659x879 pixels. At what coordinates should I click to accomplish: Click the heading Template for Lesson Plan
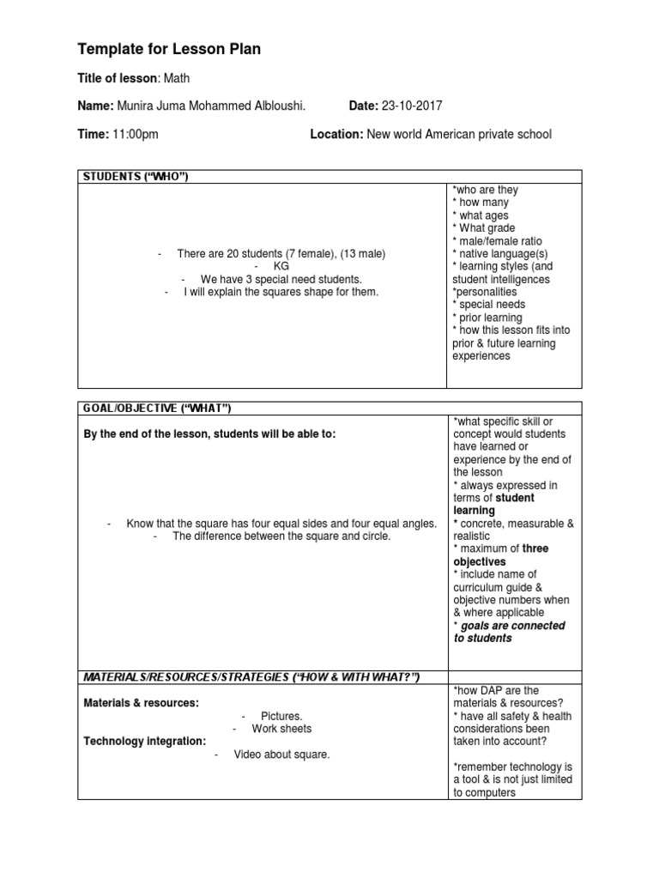[169, 51]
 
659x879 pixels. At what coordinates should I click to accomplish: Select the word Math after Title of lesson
[177, 79]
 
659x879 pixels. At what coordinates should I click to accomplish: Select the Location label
[336, 134]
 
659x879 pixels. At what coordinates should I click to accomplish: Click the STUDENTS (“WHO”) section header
[135, 177]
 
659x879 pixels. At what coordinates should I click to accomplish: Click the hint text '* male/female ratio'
[497, 241]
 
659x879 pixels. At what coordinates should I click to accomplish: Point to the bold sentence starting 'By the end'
[209, 434]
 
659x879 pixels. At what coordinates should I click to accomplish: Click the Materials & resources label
[141, 703]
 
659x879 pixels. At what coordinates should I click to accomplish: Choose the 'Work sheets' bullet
[281, 729]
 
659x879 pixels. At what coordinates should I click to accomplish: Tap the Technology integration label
[144, 741]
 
